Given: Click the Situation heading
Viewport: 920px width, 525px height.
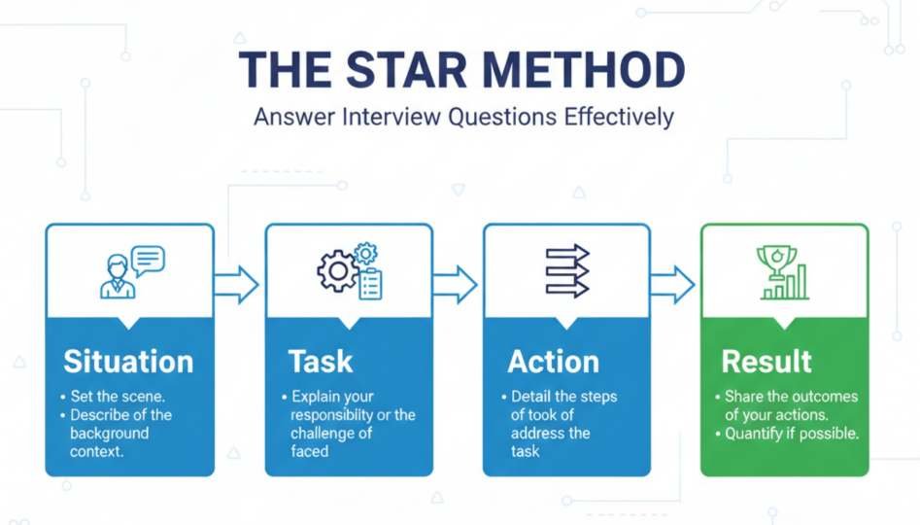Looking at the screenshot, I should (x=128, y=362).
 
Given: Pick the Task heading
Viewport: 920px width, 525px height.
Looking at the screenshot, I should (x=321, y=362).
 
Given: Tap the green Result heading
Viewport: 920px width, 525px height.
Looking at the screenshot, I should (x=767, y=362).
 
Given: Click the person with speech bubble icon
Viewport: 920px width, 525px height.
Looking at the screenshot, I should (x=131, y=271).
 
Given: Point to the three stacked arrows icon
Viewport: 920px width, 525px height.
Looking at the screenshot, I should (x=567, y=271).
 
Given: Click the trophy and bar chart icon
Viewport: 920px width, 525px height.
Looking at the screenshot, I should (x=782, y=271).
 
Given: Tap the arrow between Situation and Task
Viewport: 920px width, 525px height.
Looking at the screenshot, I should (x=236, y=285).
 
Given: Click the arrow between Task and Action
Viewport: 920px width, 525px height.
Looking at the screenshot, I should (x=454, y=285).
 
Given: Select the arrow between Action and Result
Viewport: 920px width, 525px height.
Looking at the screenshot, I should (x=671, y=285).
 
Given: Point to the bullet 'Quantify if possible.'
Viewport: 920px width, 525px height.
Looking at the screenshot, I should (x=792, y=434).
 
